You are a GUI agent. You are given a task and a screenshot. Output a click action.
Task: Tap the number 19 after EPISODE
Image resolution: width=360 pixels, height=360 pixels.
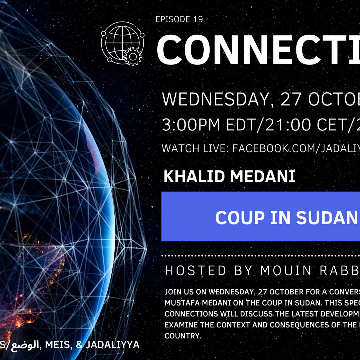[x=198, y=19]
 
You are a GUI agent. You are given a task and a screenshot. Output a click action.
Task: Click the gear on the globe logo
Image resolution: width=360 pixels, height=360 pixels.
[x=133, y=56]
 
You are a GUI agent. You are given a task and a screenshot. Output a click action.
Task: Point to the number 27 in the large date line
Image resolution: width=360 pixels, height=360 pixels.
[x=291, y=99]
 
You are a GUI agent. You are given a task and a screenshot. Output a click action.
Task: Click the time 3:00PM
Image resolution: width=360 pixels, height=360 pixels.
[x=191, y=125]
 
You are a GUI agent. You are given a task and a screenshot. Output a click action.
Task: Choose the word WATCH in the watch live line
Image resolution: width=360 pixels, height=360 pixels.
[x=181, y=149]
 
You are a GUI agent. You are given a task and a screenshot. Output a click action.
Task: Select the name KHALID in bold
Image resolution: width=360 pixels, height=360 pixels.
[x=194, y=176]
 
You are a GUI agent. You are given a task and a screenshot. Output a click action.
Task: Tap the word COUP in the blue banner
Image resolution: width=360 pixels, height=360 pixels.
[x=240, y=218]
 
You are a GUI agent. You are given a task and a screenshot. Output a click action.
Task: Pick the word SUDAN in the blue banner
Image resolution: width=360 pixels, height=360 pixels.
[x=327, y=218]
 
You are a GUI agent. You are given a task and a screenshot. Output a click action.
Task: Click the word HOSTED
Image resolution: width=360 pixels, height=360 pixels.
[x=196, y=271]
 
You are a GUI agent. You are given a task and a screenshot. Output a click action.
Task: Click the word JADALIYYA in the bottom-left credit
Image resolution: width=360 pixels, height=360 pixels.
[x=113, y=345]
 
